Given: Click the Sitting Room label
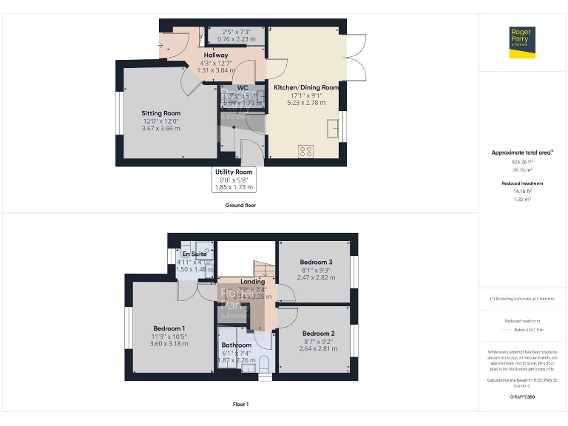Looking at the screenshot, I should pos(161,113).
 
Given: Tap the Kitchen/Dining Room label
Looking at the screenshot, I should pos(306,87).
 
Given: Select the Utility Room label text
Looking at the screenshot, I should pos(234,172).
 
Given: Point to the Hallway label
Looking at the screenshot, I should pos(216,55).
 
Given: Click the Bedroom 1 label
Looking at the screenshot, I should pos(169,328).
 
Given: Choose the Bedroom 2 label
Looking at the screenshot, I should pos(319,333).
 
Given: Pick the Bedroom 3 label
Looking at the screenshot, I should pos(316,262).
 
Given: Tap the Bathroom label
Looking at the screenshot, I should pos(237,345).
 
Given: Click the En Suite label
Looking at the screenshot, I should pos(195,254).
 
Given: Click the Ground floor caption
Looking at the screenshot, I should pos(240,205).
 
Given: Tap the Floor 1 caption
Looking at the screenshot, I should pos(240,405).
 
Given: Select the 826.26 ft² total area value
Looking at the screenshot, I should pos(522,161).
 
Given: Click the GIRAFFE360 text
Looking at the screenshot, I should pos(522,397).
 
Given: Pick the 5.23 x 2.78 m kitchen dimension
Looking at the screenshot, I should pos(306,103).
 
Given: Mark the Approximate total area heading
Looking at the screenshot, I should pos(522,152).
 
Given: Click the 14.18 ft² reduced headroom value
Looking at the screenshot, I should pos(522,191).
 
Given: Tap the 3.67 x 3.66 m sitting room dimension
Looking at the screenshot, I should pos(161,129).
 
